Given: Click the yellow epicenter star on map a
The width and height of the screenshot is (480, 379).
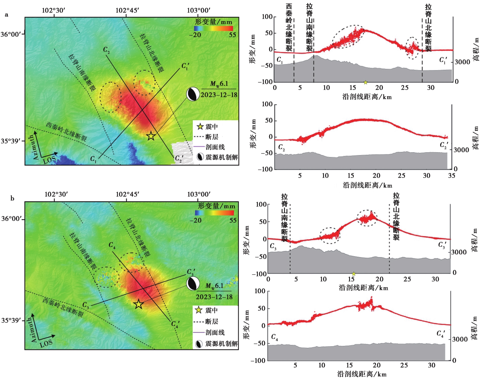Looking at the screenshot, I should tap(151, 136).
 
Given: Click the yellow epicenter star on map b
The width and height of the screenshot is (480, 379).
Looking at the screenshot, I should tap(138, 304).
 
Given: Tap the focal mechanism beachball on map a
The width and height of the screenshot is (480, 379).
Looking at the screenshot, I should tap(193, 94).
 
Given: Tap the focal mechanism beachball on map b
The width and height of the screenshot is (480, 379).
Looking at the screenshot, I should tap(193, 284).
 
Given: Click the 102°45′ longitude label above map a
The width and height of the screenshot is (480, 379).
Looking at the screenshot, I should tap(127, 10).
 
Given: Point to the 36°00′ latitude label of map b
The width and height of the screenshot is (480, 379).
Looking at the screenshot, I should tap(11, 219).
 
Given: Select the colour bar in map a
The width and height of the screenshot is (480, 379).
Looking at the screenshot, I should tap(213, 28).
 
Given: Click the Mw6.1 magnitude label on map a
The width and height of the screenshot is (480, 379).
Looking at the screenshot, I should tap(219, 84).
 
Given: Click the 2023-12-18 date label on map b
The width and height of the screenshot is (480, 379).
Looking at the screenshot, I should tap(214, 297).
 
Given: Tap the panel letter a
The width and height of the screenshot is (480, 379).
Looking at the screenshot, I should tap(7, 15).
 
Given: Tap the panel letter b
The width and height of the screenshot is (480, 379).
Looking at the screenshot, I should tap(12, 198).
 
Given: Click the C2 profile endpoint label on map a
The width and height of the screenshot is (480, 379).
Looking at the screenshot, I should tap(106, 50).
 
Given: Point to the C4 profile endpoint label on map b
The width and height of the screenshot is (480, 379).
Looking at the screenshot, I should tap(112, 245).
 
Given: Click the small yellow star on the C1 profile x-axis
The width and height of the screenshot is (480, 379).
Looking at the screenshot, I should tap(365, 82).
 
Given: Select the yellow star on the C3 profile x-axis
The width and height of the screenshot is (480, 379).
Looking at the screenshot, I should tap(353, 274).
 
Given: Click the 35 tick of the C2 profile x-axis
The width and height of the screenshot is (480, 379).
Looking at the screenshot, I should tap(452, 176).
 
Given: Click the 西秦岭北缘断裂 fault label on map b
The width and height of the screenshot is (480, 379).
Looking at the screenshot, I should tap(63, 307).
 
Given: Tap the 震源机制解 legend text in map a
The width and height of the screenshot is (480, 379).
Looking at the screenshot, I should tap(222, 157).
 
